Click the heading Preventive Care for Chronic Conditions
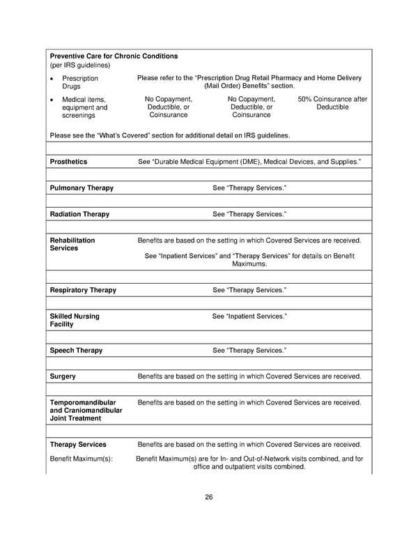click(x=114, y=56)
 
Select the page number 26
click(x=208, y=497)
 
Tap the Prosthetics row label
click(x=68, y=162)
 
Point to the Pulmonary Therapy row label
click(x=82, y=188)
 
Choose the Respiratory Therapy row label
click(x=83, y=290)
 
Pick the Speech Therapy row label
click(x=76, y=350)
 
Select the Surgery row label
click(x=63, y=376)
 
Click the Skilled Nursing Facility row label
click(x=75, y=321)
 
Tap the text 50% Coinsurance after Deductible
click(x=332, y=103)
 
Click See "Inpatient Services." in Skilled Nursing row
click(x=249, y=317)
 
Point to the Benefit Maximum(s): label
click(x=82, y=459)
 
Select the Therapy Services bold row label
click(x=78, y=444)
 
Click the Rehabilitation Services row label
click(x=72, y=244)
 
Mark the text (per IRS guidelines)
click(x=80, y=65)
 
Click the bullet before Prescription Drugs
click(x=53, y=79)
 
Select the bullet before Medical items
click(x=53, y=100)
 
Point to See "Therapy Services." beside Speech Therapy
click(x=249, y=350)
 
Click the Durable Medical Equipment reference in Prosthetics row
click(x=249, y=162)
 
